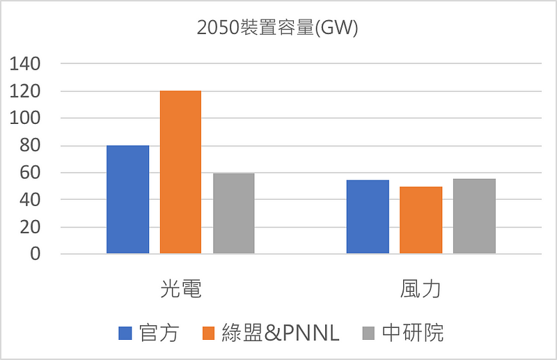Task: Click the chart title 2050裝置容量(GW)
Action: (x=278, y=30)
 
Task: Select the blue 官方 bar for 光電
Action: (x=127, y=199)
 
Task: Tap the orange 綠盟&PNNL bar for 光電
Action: (x=181, y=172)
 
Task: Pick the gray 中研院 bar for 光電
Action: (x=234, y=213)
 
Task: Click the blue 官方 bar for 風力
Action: (x=368, y=217)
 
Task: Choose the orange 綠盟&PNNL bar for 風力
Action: (x=421, y=220)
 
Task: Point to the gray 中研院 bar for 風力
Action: (x=474, y=216)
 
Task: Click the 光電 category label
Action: (x=181, y=290)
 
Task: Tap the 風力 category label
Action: (x=421, y=290)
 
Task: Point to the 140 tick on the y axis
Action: (x=26, y=64)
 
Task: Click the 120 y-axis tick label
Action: (x=26, y=91)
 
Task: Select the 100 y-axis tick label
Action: (x=26, y=118)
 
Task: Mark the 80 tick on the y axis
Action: (x=31, y=146)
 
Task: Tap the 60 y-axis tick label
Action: (x=31, y=173)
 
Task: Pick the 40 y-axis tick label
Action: (x=31, y=200)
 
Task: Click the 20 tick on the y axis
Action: (x=31, y=227)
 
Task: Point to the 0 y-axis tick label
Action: (x=35, y=254)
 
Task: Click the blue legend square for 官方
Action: (x=125, y=334)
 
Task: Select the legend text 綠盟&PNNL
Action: (x=280, y=334)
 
